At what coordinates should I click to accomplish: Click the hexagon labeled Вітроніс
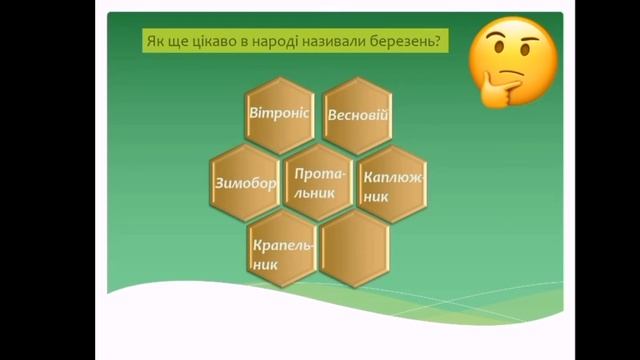point(282,113)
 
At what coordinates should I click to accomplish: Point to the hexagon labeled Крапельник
point(282,254)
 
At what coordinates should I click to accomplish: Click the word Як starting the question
point(157,42)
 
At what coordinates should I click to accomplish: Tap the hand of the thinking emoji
point(495,91)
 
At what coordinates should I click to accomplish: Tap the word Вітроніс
point(282,114)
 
